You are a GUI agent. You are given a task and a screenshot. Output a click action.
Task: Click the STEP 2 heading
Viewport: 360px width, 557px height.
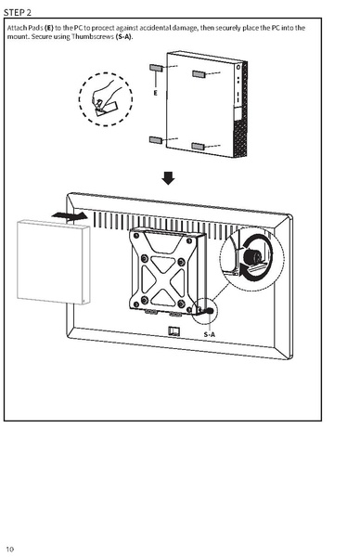point(20,11)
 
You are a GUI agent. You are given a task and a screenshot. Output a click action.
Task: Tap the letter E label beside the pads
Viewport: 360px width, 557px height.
point(155,94)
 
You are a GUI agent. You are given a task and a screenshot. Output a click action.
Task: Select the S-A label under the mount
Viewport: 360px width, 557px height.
point(209,334)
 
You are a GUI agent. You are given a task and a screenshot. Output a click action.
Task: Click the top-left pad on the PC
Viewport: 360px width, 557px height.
point(158,68)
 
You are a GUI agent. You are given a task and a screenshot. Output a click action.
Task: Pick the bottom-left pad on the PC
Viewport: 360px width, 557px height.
point(157,140)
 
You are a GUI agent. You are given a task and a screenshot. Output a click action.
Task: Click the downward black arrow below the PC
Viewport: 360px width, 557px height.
point(168,177)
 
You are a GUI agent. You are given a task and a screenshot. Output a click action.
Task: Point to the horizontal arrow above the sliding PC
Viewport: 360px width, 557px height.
point(71,215)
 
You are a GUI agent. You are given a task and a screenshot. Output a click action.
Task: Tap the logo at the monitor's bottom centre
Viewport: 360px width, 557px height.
point(174,333)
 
